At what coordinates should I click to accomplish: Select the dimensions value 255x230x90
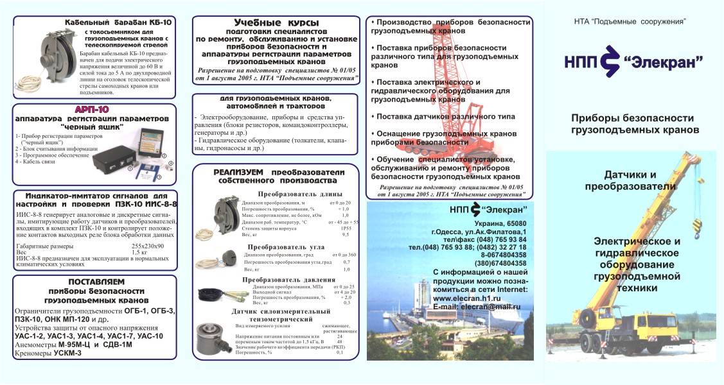(148, 246)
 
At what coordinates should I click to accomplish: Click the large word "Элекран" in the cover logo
(662, 62)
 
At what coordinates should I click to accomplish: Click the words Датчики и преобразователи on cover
(631, 180)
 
